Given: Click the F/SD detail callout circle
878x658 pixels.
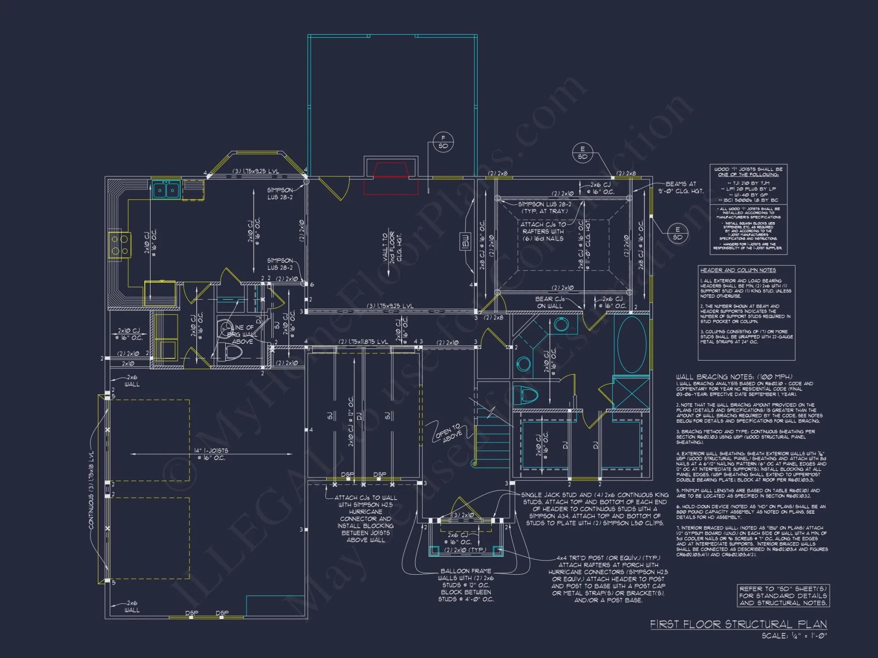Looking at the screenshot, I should [443, 142].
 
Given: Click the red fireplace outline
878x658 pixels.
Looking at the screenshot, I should [391, 178].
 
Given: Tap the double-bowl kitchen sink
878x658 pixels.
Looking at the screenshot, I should [166, 190].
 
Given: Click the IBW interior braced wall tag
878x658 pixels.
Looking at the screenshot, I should [465, 241].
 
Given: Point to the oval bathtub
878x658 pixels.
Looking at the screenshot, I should [632, 344].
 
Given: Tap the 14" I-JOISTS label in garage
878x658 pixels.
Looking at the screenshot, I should [211, 454].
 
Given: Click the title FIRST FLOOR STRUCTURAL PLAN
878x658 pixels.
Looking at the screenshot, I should [738, 624].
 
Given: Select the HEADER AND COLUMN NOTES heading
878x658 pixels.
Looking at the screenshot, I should [738, 270].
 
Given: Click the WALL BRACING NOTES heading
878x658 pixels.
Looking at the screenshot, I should [734, 377].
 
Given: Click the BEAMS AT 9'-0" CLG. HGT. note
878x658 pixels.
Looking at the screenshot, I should [680, 187].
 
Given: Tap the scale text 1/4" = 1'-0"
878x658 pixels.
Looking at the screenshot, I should [794, 636].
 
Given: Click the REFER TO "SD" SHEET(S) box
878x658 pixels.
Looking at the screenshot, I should [783, 596].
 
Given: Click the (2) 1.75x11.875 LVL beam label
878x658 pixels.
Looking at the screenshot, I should [363, 341].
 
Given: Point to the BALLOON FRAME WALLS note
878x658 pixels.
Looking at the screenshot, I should [466, 585].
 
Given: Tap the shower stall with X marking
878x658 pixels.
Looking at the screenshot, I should [631, 393].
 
